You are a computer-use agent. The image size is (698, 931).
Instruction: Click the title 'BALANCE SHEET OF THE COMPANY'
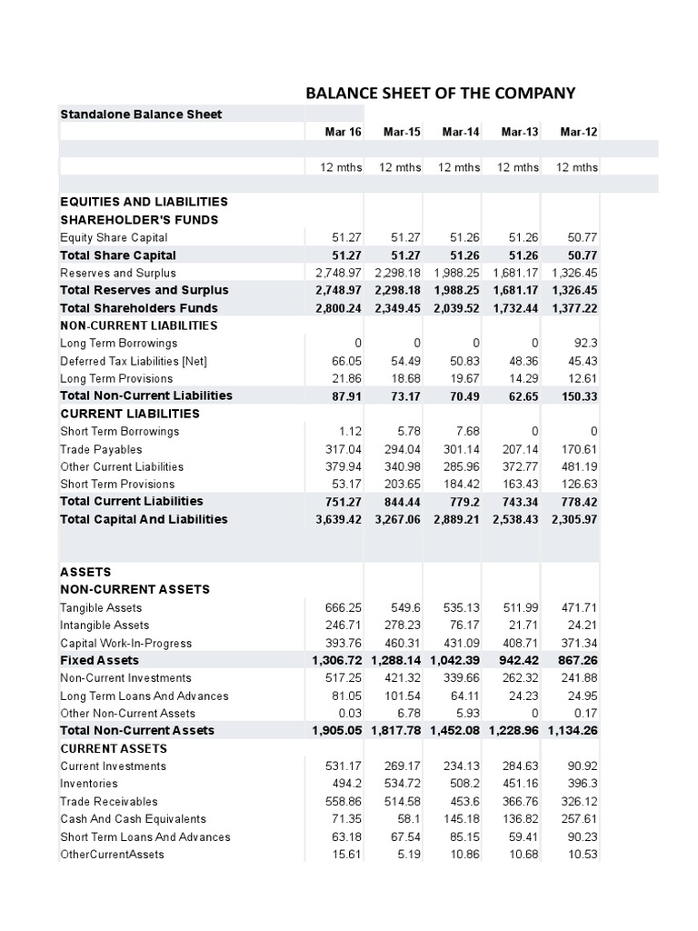440,93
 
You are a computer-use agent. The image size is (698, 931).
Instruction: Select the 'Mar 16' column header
343,132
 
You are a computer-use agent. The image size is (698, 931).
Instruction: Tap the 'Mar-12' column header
579,132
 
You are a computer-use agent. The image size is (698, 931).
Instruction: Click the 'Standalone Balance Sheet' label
141,114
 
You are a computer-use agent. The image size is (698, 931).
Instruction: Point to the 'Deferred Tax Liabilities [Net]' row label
134,361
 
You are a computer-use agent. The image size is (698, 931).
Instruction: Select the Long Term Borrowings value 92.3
586,344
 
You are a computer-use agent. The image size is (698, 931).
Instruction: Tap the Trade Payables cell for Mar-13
520,449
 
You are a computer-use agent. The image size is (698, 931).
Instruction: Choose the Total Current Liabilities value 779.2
463,502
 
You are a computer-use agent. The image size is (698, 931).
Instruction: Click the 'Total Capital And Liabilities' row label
144,519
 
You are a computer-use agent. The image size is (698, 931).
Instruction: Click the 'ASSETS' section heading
85,572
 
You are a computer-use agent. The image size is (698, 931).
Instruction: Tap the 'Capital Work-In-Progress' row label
126,643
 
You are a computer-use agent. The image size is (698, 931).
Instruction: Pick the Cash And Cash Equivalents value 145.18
462,819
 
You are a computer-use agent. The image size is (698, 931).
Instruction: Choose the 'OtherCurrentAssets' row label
112,855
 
